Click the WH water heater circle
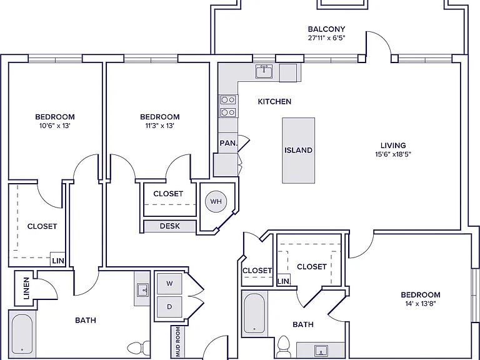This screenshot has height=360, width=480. [216, 201]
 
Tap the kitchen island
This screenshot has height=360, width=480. [299, 150]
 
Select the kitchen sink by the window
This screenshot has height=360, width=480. [264, 71]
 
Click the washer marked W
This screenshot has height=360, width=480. [169, 284]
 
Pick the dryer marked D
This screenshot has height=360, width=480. [169, 307]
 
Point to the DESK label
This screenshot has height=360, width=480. [170, 226]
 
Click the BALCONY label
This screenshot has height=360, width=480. [327, 29]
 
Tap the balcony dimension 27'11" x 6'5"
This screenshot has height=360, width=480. [327, 38]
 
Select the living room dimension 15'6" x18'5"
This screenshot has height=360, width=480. [393, 154]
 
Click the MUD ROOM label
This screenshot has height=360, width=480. [178, 342]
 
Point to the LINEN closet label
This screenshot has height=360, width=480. [26, 288]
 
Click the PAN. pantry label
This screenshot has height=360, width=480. [228, 143]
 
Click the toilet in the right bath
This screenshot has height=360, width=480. [284, 346]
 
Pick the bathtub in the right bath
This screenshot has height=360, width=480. [254, 313]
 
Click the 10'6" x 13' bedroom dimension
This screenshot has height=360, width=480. [55, 126]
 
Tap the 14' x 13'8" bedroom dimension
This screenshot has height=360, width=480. [420, 304]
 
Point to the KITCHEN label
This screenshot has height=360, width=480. [274, 102]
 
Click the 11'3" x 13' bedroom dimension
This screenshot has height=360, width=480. [160, 126]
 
